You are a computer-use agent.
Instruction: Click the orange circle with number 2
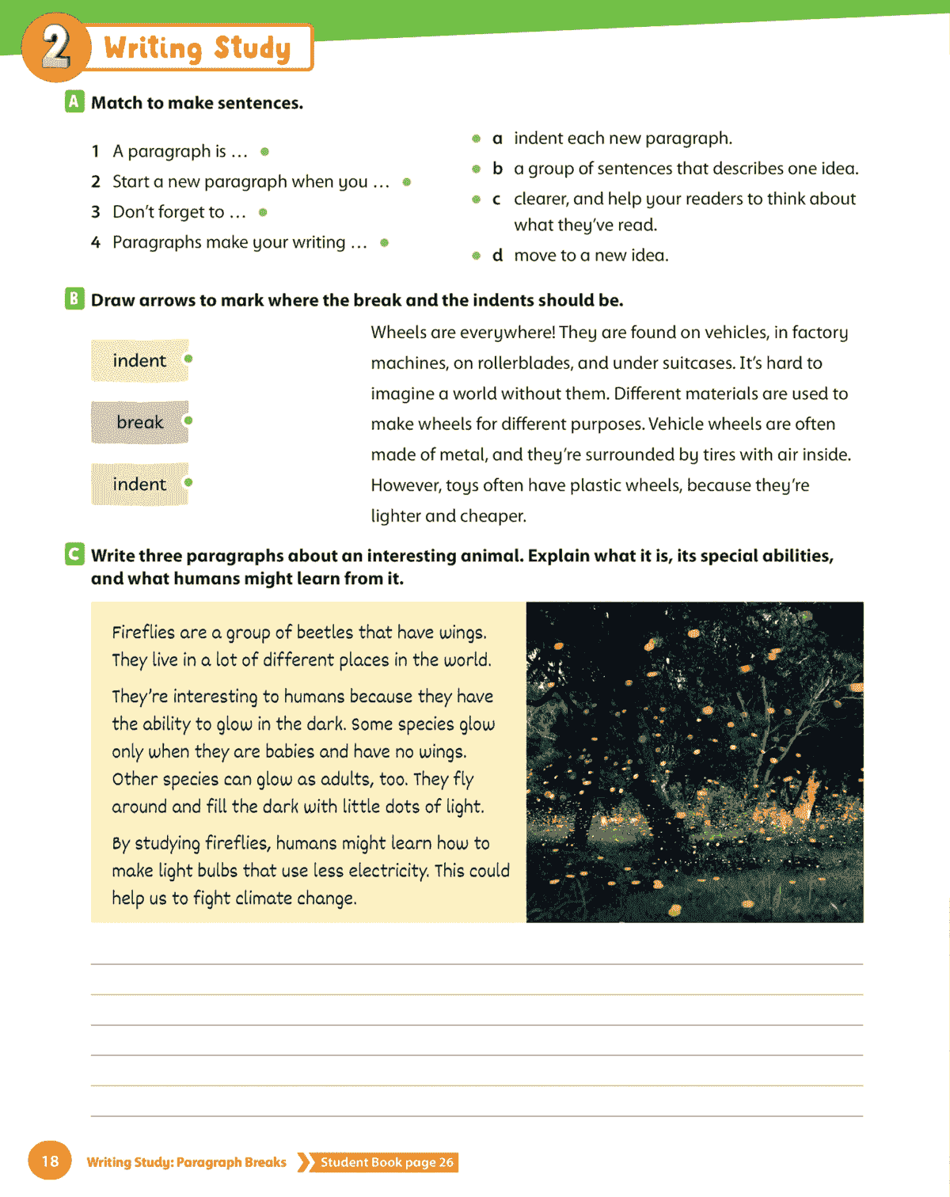click(54, 47)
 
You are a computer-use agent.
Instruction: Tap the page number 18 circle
click(50, 1161)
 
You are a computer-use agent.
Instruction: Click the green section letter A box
click(74, 101)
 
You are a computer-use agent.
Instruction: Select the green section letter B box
click(74, 298)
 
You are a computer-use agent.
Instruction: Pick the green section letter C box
click(74, 554)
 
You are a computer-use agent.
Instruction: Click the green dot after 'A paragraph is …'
click(264, 151)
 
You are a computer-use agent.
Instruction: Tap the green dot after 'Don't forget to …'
click(263, 212)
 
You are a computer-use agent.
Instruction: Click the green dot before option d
click(476, 256)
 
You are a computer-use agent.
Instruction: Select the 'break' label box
click(140, 422)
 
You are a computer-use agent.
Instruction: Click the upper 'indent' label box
click(140, 360)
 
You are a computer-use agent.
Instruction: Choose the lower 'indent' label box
click(140, 484)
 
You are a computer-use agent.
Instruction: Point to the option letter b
click(497, 169)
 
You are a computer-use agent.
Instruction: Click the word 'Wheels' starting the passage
click(398, 332)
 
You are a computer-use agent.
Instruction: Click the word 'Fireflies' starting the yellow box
click(143, 632)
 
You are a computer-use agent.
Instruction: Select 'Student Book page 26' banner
click(386, 1162)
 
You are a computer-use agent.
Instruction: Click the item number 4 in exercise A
click(96, 242)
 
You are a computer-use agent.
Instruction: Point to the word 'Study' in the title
click(252, 47)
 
